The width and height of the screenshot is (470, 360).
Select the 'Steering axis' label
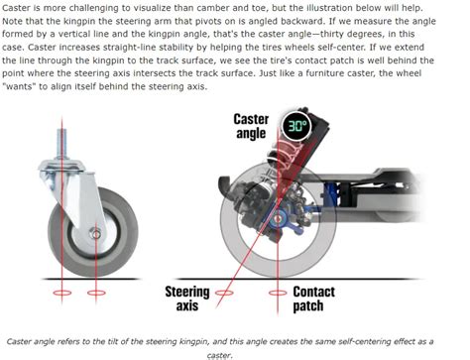click(x=188, y=299)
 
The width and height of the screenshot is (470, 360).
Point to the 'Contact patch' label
click(x=318, y=299)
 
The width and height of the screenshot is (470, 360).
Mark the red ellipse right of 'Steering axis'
click(x=227, y=293)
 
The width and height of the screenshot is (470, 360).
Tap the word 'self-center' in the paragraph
click(x=370, y=60)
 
